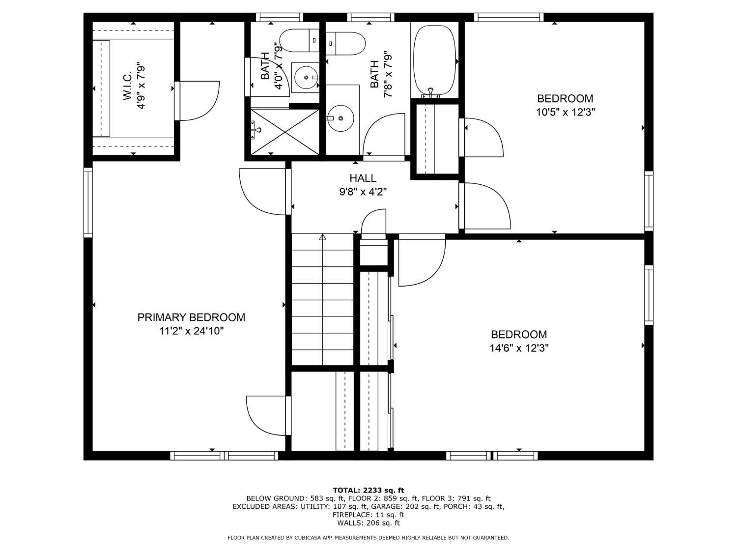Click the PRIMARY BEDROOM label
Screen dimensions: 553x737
coord(191,318)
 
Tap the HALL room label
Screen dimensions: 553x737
coord(363,178)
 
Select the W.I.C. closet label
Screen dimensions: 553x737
coord(128,87)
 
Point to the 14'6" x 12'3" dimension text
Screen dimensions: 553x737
coord(519,349)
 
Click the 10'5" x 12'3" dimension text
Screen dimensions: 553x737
coord(565,112)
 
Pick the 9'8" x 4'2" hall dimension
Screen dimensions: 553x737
coord(363,192)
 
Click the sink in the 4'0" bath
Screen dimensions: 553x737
coord(305,77)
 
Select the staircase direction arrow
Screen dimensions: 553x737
coord(322,237)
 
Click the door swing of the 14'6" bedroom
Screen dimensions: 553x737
coord(422,261)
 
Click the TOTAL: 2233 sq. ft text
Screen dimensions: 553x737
coord(368,490)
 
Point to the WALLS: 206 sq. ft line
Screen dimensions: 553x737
coord(368,523)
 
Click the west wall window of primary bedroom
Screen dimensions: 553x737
coord(88,202)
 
